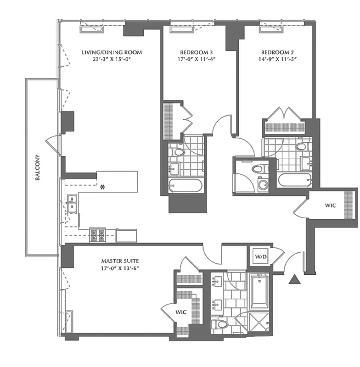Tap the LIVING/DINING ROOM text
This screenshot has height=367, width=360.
point(112,52)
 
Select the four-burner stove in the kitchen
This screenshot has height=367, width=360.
point(97,234)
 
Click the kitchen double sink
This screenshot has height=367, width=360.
point(72,204)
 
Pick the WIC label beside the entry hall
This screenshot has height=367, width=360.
point(330,206)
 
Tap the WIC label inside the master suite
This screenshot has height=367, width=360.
point(181,312)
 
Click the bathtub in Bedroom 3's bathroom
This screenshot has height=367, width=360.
point(185,186)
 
